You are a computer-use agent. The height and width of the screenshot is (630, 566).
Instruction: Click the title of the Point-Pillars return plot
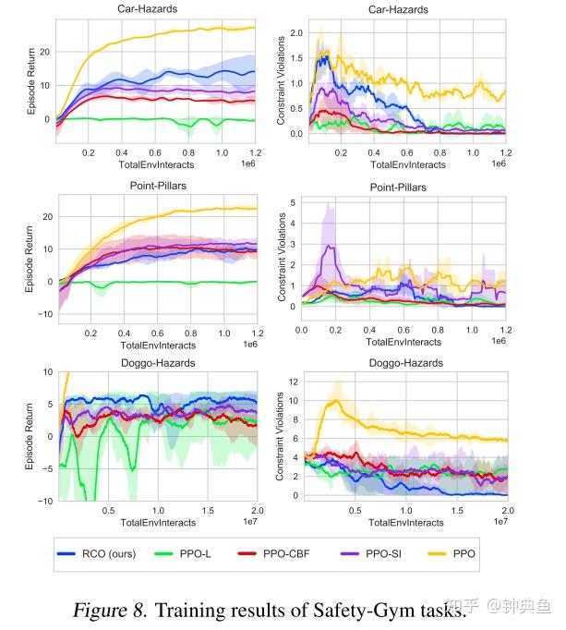pos(155,187)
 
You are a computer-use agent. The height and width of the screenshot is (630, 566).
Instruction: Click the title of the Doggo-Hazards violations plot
pos(405,364)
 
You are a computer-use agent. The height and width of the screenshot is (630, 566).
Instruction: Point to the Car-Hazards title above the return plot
pos(155,8)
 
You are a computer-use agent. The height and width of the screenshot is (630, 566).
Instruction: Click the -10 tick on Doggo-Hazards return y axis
pos(42,501)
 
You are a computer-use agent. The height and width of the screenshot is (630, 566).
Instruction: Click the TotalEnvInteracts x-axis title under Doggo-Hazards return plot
pos(156,522)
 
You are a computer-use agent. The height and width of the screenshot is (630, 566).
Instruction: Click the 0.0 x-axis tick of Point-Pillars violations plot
pos(302,330)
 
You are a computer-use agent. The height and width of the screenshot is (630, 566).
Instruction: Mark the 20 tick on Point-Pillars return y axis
pos(45,217)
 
